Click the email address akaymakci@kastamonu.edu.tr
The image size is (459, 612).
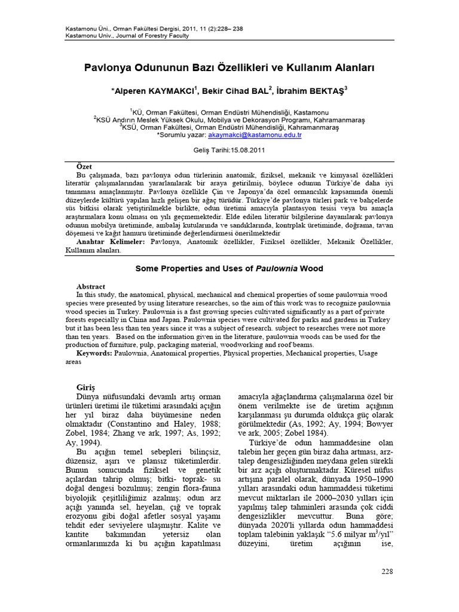pos(259,136)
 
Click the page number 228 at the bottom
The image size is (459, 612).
pos(387,572)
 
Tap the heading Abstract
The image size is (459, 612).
pos(91,287)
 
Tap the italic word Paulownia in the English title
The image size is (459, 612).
pos(277,269)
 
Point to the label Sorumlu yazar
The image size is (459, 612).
pos(177,136)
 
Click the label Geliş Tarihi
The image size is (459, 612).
pos(212,151)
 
